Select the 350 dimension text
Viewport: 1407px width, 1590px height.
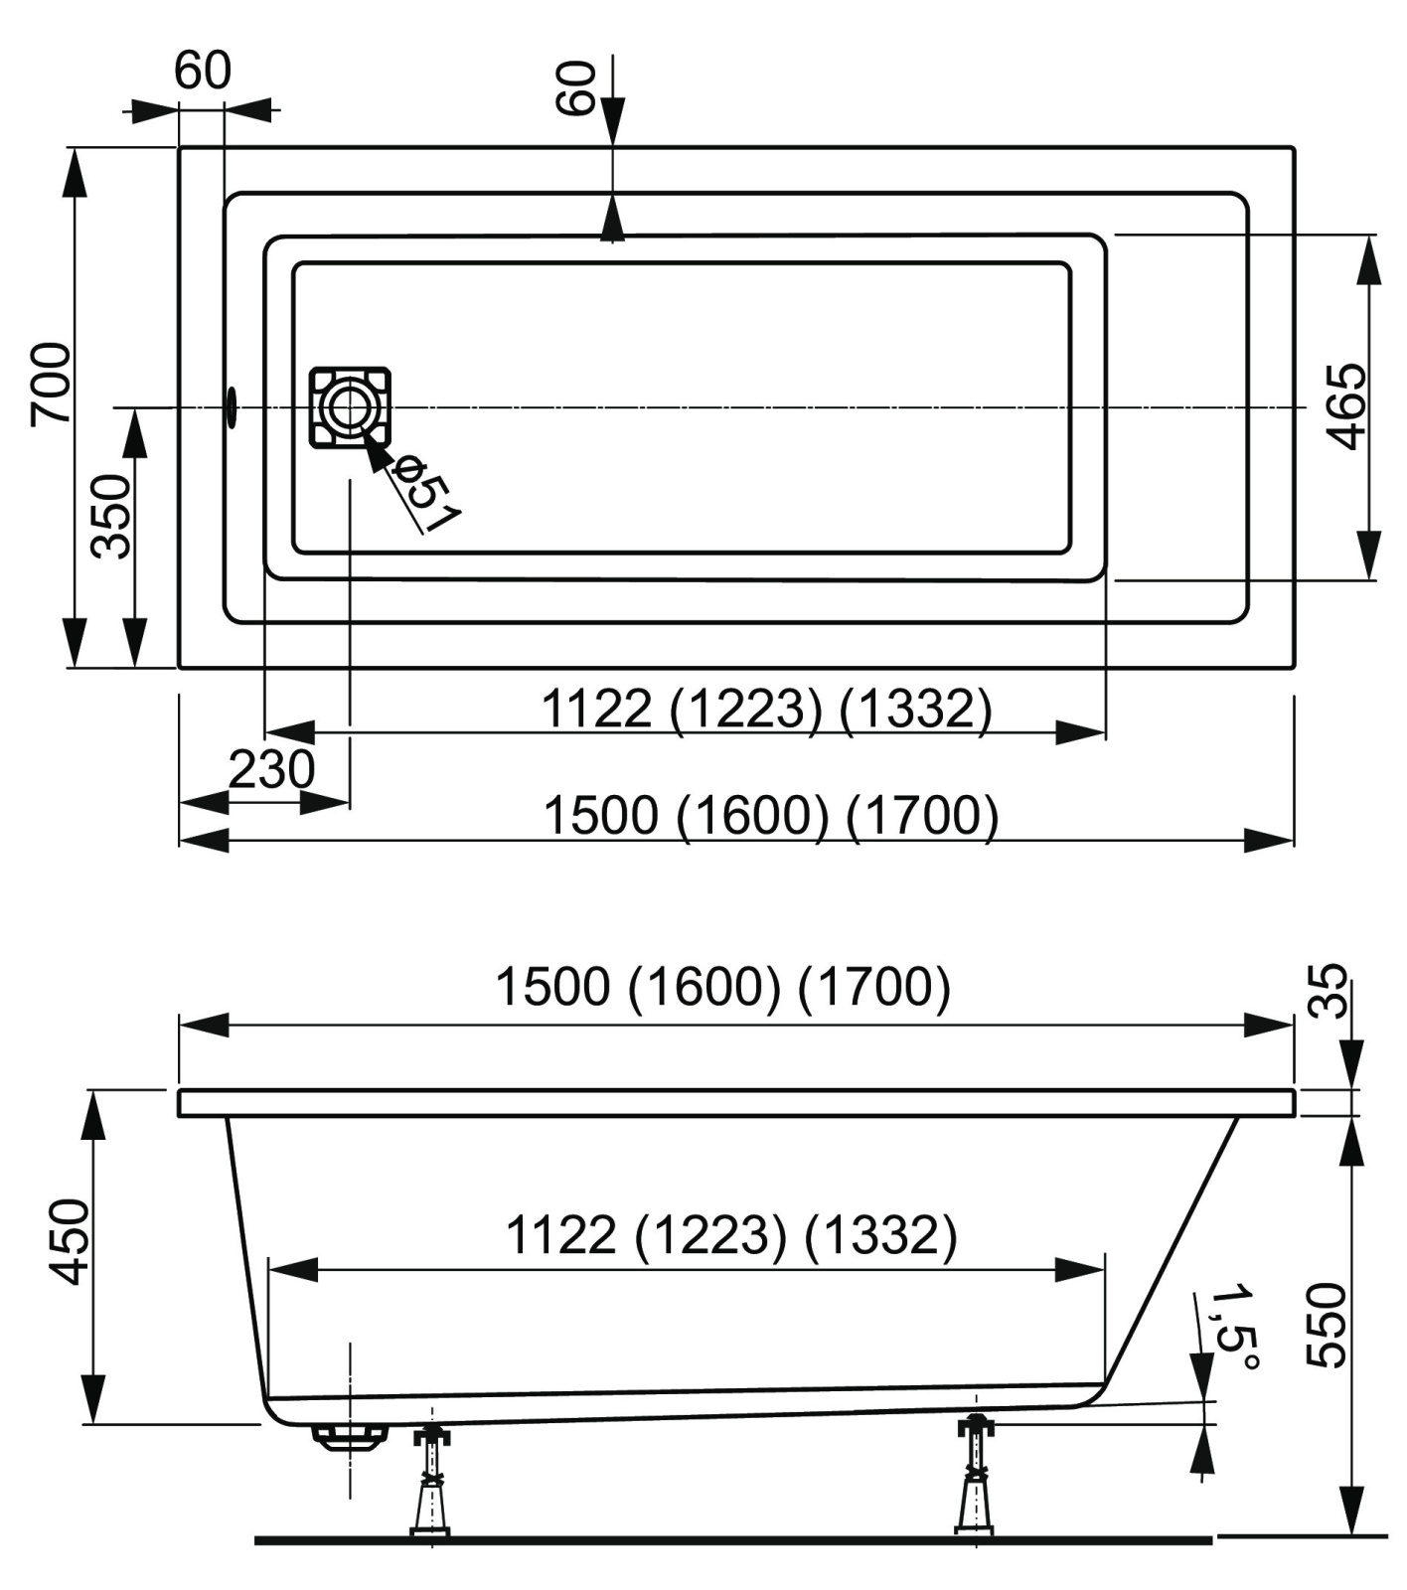tap(111, 516)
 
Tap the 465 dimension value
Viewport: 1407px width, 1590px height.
tap(1346, 406)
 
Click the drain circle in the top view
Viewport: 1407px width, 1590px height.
tap(349, 407)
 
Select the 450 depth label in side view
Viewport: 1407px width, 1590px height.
tap(70, 1241)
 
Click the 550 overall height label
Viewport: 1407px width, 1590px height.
tap(1326, 1326)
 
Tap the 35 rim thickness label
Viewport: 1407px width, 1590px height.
tap(1328, 990)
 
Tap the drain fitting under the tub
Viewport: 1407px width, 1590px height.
tap(349, 1437)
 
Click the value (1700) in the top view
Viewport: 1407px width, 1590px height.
tap(922, 816)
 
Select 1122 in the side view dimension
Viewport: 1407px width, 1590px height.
tap(561, 1235)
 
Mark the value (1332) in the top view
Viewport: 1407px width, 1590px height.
tap(915, 710)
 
